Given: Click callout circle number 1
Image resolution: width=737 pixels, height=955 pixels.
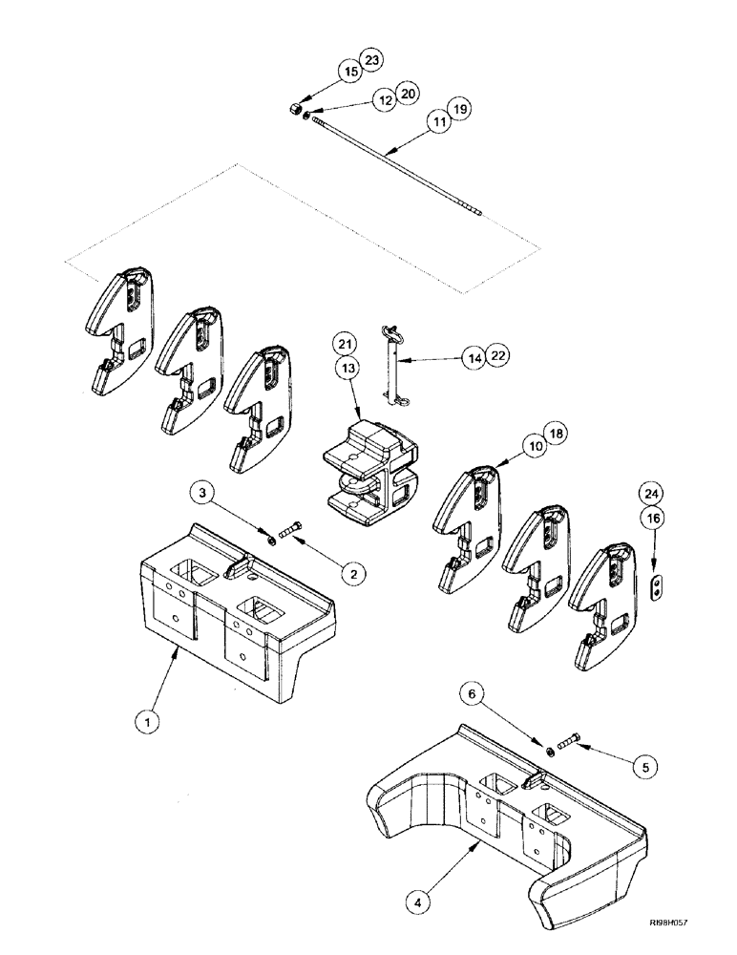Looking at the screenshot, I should point(147,722).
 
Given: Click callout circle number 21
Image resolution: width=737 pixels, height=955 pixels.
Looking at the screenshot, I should point(345,345).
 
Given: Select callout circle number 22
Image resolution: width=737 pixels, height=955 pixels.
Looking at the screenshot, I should point(496,355).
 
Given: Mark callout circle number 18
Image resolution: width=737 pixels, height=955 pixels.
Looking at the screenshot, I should point(555,434).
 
